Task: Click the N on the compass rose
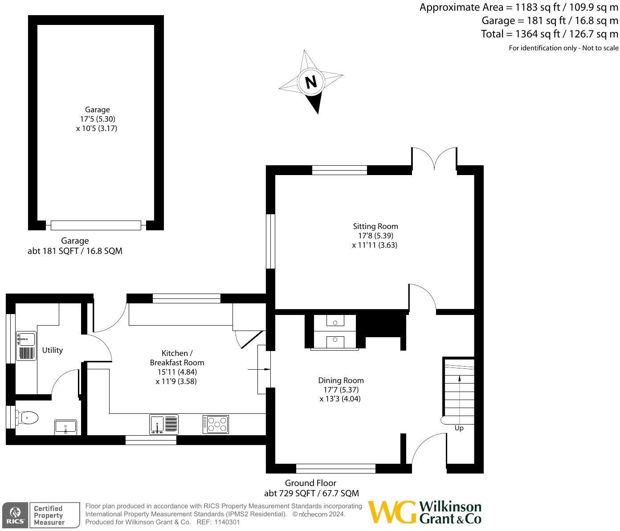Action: (311, 82)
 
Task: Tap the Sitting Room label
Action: (375, 226)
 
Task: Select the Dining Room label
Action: (341, 380)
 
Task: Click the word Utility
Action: (53, 350)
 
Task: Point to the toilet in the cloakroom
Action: (28, 417)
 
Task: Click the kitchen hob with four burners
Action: (216, 424)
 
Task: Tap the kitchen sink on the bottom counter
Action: (164, 424)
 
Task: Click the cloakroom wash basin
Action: (65, 427)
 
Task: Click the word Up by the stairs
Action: (459, 428)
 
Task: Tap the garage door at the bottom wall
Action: (96, 225)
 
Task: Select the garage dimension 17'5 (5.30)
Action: (98, 119)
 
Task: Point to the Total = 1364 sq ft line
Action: (549, 34)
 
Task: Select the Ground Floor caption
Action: (310, 483)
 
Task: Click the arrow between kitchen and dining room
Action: (259, 369)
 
